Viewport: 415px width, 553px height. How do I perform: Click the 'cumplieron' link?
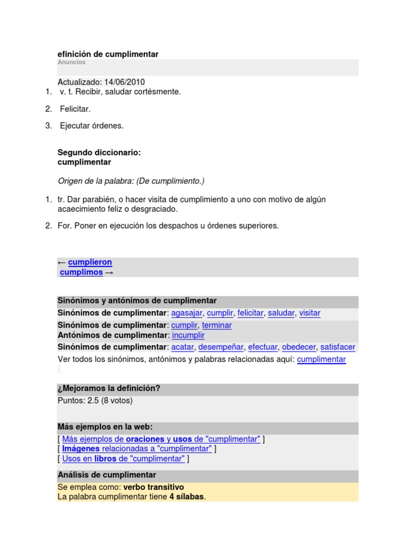pyautogui.click(x=90, y=262)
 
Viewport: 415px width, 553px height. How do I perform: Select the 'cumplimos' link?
pyautogui.click(x=81, y=272)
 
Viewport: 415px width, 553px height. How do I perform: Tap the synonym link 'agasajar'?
pyautogui.click(x=187, y=313)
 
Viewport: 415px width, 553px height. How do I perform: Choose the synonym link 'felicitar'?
pyautogui.click(x=250, y=313)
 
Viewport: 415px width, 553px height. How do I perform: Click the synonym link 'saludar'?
pyautogui.click(x=281, y=313)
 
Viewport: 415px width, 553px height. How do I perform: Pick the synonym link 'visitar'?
pyautogui.click(x=310, y=313)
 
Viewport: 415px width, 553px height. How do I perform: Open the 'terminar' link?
pyautogui.click(x=217, y=325)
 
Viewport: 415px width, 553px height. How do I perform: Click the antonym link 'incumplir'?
pyautogui.click(x=188, y=335)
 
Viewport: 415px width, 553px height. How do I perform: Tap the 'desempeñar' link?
pyautogui.click(x=222, y=347)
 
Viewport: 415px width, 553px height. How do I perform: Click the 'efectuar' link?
pyautogui.click(x=263, y=347)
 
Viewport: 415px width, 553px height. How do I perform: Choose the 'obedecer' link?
pyautogui.click(x=299, y=347)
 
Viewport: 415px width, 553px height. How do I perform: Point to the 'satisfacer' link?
pyautogui.click(x=338, y=347)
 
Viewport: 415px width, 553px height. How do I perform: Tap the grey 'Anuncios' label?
pyautogui.click(x=71, y=63)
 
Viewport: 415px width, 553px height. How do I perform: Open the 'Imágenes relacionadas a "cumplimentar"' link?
pyautogui.click(x=137, y=449)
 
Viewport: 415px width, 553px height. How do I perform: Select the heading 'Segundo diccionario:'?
pyautogui.click(x=99, y=153)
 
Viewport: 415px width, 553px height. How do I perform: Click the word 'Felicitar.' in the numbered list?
pyautogui.click(x=75, y=109)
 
